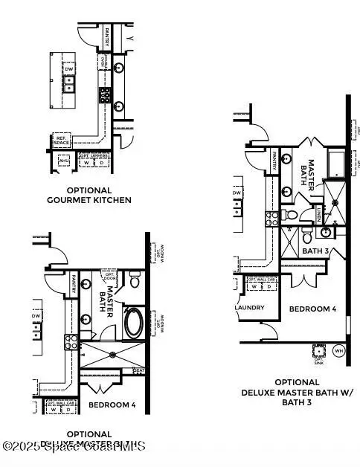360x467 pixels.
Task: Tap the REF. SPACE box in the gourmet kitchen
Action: [x=61, y=140]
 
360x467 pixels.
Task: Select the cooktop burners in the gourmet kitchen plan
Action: [x=106, y=94]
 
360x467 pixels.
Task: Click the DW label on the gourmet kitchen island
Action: [x=69, y=69]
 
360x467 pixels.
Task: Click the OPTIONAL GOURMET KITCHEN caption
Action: [x=99, y=195]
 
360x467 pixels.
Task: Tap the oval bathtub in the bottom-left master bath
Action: [x=134, y=323]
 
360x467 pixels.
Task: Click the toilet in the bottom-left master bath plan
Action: [x=135, y=281]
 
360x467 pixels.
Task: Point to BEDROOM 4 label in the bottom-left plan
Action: [x=112, y=405]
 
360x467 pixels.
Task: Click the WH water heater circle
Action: [x=338, y=350]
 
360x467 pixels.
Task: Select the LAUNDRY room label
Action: [x=246, y=307]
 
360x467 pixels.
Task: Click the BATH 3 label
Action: [x=315, y=251]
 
